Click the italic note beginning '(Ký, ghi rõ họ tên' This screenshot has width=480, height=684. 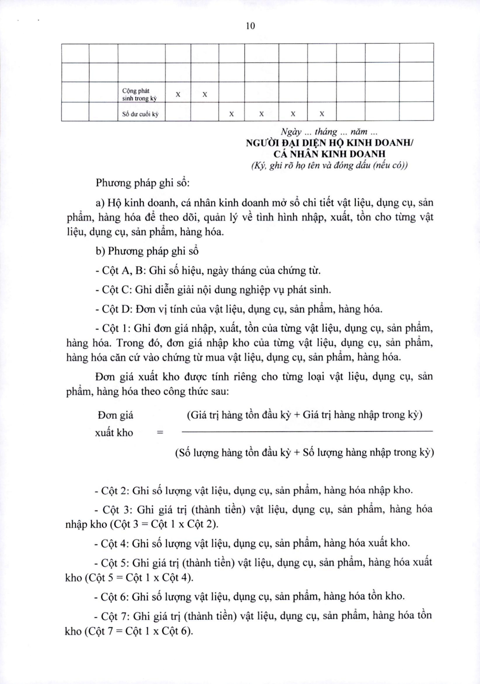click(329, 166)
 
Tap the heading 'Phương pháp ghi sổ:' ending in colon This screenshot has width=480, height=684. click(143, 183)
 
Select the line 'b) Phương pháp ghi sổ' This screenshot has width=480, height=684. click(147, 251)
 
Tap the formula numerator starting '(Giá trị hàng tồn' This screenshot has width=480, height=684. click(304, 415)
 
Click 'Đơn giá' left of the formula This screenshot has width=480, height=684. click(115, 415)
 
